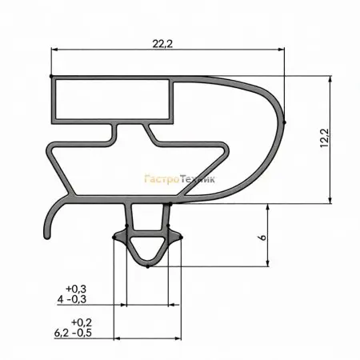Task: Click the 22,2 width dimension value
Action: pyautogui.click(x=162, y=44)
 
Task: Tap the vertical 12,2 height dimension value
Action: pyautogui.click(x=325, y=138)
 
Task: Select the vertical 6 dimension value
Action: pyautogui.click(x=263, y=237)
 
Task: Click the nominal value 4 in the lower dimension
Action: pyautogui.click(x=61, y=299)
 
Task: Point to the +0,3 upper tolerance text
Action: pyautogui.click(x=76, y=289)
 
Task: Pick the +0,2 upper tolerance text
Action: pyautogui.click(x=82, y=322)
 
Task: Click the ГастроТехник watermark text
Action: pyautogui.click(x=179, y=179)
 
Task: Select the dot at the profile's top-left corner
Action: pyautogui.click(x=51, y=76)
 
